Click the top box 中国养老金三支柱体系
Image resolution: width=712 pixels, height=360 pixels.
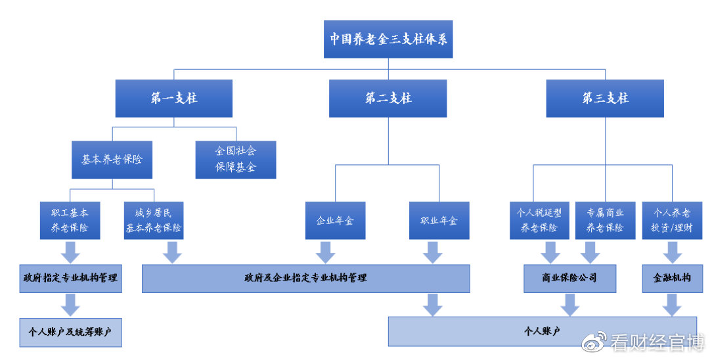point(388,38)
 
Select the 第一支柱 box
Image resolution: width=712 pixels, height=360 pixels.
point(174,99)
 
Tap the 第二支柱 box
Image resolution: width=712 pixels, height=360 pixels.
point(388,99)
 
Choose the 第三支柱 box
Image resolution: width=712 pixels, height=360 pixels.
point(605,99)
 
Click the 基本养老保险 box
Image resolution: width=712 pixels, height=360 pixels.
point(112,160)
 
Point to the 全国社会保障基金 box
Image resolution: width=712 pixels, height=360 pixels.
point(236,160)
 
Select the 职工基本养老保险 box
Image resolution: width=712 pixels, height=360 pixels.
point(70,221)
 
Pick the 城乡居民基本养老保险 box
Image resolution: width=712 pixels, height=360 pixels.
point(154,221)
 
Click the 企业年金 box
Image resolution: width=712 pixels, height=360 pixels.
point(335,221)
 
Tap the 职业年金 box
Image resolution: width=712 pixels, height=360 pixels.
point(439,221)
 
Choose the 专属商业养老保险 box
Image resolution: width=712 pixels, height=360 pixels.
point(604,221)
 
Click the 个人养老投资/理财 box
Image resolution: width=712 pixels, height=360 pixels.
point(672,221)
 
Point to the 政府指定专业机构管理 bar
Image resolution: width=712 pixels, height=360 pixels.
point(70,278)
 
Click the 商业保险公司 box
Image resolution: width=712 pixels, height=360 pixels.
point(569,278)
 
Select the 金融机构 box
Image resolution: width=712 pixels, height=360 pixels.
point(672,278)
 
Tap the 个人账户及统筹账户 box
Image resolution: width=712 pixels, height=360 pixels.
point(70,332)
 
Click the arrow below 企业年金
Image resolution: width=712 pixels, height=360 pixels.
point(325,252)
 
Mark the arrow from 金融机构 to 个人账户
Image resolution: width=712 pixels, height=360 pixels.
point(672,304)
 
